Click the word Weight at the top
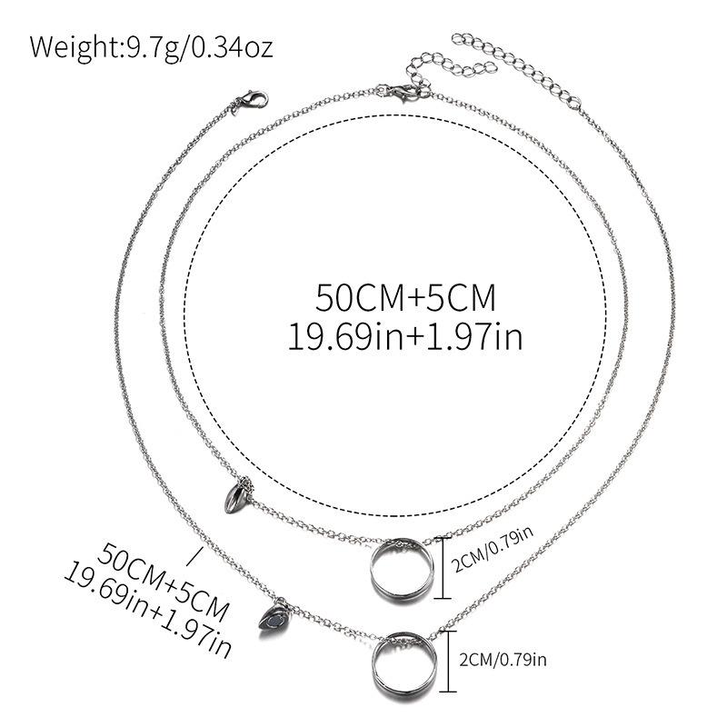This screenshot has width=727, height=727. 75,46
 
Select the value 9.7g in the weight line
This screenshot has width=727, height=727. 149,46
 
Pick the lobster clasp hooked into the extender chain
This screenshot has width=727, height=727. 401,88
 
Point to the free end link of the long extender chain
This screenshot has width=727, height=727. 458,40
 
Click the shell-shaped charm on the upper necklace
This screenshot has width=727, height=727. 234,495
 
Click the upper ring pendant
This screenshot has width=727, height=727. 401,570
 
